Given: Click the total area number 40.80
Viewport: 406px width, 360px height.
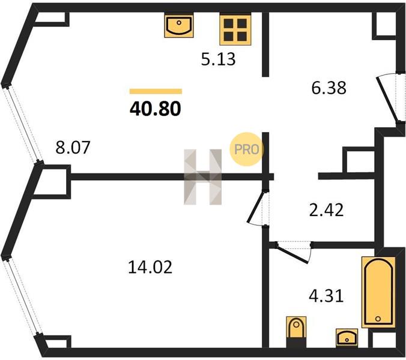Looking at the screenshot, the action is [x=156, y=109].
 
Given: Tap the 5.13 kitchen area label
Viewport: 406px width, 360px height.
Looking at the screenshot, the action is [x=218, y=59].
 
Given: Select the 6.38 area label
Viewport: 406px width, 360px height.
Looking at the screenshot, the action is [x=329, y=88].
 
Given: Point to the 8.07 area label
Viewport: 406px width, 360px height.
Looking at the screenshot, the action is [x=73, y=147].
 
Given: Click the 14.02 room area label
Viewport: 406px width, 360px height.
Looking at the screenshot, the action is [x=150, y=267].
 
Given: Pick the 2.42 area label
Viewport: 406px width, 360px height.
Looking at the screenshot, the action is [x=327, y=210].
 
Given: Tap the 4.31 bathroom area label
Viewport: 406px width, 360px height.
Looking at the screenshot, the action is [x=326, y=296].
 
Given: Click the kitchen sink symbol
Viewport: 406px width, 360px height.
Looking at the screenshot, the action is [x=179, y=26].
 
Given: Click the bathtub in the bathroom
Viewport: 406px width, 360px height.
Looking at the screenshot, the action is [x=378, y=292].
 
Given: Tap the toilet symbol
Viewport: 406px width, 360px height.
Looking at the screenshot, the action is [x=297, y=328].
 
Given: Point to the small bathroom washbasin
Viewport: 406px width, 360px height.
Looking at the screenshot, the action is [x=347, y=337].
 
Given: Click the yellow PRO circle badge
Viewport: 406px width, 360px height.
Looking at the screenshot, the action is [x=246, y=149].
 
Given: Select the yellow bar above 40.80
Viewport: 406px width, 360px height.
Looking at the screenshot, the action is [x=156, y=91].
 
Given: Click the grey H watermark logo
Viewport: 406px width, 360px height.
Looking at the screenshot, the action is [x=203, y=177].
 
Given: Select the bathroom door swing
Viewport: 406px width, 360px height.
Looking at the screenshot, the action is [x=294, y=252].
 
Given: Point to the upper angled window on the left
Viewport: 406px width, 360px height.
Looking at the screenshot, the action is [x=22, y=125].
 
